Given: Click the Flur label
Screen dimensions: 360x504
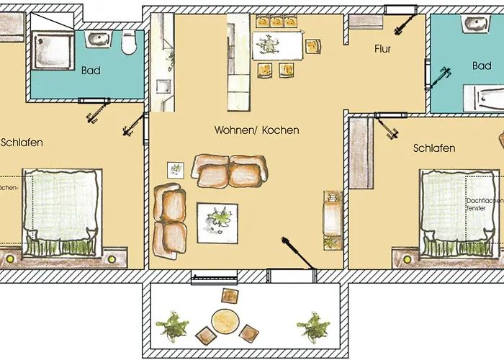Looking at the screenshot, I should (x=382, y=50).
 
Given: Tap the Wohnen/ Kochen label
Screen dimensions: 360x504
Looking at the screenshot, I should (x=256, y=130).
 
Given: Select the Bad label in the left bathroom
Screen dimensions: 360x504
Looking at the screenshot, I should (x=91, y=71).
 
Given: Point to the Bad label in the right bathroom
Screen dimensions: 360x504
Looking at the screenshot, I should (x=482, y=66).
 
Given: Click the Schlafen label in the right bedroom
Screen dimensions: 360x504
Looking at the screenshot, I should (x=433, y=148).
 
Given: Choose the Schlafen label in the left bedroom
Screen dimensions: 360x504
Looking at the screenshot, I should (x=22, y=143).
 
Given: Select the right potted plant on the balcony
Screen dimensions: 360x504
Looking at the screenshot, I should (x=313, y=326).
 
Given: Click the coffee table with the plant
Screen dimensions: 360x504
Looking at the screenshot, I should (x=218, y=220).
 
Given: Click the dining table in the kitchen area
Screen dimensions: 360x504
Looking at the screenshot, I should (x=277, y=46).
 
